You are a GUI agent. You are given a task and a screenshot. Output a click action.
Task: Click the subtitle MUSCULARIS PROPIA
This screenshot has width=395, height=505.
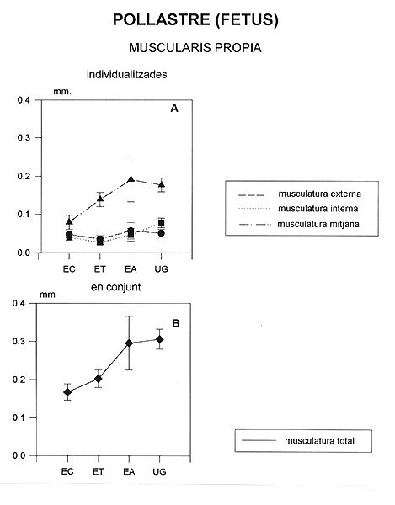[x=195, y=48]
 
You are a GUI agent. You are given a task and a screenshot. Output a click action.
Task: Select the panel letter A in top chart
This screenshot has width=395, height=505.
[x=174, y=109]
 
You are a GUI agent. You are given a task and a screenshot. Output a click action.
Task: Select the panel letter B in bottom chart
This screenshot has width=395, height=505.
[x=175, y=323]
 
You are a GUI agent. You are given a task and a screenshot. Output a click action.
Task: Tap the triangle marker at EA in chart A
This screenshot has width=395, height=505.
[x=131, y=178]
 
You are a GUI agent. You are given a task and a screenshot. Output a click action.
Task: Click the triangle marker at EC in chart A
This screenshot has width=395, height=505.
[x=69, y=221]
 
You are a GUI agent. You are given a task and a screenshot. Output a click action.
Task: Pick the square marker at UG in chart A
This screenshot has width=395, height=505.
[x=162, y=223]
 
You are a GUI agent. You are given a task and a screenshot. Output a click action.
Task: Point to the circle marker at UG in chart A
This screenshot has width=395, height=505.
[x=162, y=233]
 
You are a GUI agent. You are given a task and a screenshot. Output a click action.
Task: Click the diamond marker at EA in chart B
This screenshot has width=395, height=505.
[x=129, y=343]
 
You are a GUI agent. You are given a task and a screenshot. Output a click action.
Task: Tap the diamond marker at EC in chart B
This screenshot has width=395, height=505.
[x=67, y=392]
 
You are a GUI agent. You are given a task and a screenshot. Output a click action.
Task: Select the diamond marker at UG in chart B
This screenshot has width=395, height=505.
[x=160, y=339]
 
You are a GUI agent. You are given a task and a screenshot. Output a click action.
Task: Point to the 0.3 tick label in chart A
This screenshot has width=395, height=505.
[x=24, y=137]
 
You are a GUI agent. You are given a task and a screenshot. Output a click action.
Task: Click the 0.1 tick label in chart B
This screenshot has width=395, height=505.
[x=19, y=417]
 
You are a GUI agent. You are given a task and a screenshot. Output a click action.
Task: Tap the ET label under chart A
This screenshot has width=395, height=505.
[x=100, y=269]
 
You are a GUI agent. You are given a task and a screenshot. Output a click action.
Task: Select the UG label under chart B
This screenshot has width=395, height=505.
[x=159, y=471]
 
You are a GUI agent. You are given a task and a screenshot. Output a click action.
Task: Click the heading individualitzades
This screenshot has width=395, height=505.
[x=126, y=74]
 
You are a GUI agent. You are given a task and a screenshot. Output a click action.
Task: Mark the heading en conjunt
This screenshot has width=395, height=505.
[x=115, y=287]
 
